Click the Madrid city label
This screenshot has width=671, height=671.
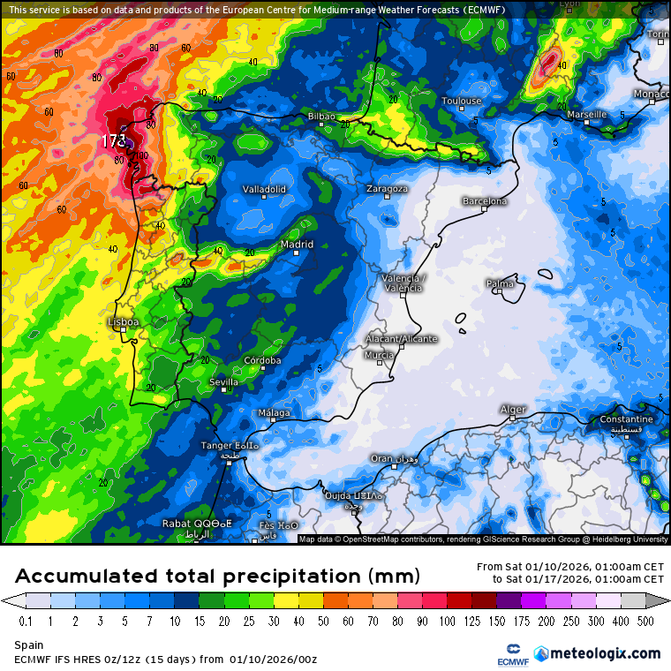297,245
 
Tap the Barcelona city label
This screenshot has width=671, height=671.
485,201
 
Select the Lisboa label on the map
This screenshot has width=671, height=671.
123,322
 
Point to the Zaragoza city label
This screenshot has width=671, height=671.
388,189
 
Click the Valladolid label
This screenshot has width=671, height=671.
264,189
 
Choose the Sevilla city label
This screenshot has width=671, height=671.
223,382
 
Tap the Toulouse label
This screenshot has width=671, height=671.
462,101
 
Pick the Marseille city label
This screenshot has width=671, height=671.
586,115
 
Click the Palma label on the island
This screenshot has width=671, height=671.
500,283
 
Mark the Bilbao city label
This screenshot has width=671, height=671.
321,117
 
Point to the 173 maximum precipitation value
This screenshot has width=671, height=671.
113,140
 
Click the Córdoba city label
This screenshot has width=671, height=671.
262,360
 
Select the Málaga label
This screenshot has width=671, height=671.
274,413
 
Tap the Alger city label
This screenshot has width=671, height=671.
513,410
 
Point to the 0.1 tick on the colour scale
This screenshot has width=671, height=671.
26,621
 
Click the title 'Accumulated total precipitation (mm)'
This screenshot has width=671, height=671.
216,577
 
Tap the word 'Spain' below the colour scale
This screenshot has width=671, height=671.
29,645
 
